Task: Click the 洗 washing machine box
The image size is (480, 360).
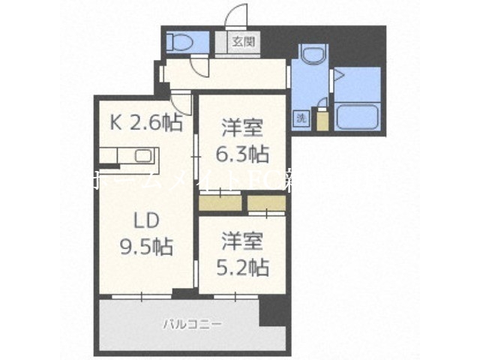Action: pyautogui.click(x=300, y=118)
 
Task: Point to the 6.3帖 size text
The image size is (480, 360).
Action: pyautogui.click(x=241, y=154)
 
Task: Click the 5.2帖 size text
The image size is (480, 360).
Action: pyautogui.click(x=243, y=267)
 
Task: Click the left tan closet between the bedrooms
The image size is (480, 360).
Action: pyautogui.click(x=220, y=202)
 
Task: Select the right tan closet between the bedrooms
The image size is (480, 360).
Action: pyautogui.click(x=266, y=202)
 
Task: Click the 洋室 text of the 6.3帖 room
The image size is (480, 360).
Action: pyautogui.click(x=241, y=128)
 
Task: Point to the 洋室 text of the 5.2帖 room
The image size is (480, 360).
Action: pyautogui.click(x=243, y=242)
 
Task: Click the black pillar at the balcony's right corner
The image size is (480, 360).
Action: pyautogui.click(x=272, y=309)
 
